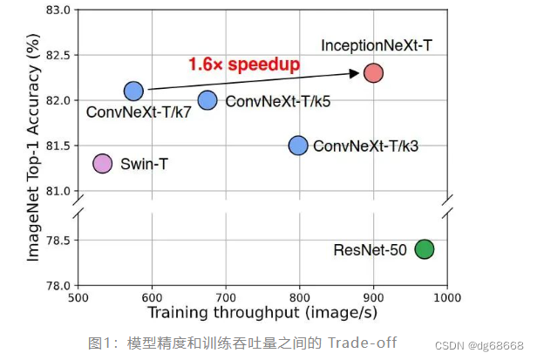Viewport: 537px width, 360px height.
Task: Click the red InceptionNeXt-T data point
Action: tap(373, 72)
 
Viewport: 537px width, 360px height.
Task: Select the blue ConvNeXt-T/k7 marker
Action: tap(133, 91)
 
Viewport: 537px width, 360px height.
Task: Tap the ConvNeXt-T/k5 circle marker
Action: tap(207, 100)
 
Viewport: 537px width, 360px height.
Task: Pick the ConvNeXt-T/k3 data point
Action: tap(298, 145)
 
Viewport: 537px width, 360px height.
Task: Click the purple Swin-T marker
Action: tap(103, 163)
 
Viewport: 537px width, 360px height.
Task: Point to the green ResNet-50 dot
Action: tap(425, 249)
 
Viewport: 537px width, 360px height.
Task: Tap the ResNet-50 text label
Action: tap(370, 250)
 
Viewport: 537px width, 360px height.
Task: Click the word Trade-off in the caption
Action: tap(362, 343)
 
